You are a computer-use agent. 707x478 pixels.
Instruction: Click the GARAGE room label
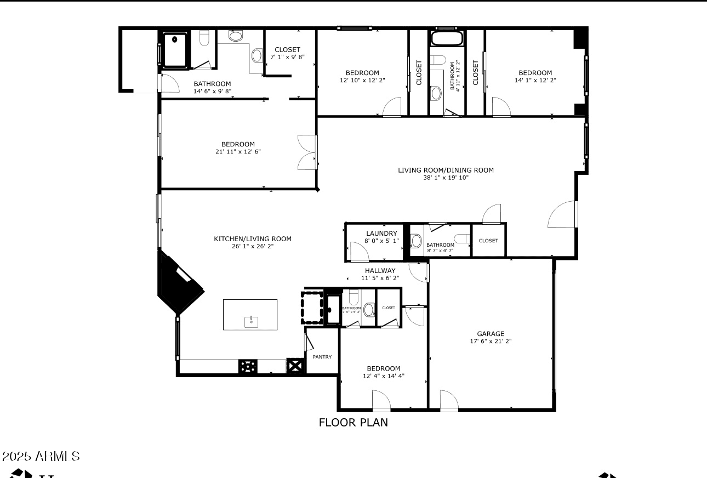click(490, 333)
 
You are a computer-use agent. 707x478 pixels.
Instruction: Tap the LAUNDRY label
click(381, 233)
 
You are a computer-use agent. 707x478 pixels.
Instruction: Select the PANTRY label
click(322, 357)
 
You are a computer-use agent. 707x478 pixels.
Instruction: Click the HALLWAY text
click(380, 270)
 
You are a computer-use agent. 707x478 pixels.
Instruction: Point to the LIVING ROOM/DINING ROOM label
click(446, 170)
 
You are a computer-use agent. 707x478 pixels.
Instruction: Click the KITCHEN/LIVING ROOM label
click(252, 238)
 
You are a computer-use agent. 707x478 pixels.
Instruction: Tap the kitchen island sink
click(251, 320)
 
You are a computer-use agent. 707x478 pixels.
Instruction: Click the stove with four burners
click(248, 367)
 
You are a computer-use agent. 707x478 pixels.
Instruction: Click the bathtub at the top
click(447, 38)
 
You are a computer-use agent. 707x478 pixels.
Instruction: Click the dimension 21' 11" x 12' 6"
click(238, 151)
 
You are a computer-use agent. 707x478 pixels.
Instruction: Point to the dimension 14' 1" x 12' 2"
click(535, 80)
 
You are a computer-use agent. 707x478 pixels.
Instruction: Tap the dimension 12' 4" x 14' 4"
click(383, 376)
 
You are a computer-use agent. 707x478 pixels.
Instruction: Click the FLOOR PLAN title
click(353, 423)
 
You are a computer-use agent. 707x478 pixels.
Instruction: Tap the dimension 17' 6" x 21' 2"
click(490, 341)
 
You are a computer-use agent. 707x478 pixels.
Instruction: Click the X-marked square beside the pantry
click(295, 366)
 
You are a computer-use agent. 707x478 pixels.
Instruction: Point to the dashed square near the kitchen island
click(312, 308)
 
